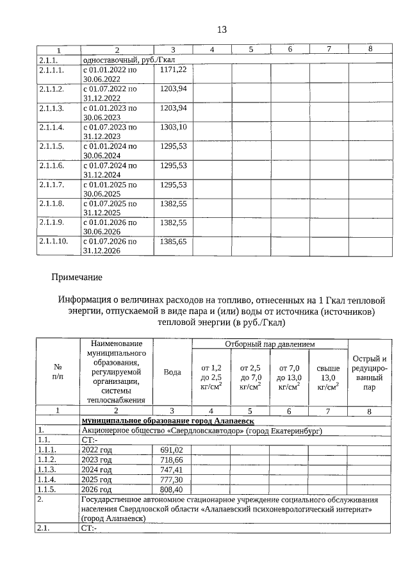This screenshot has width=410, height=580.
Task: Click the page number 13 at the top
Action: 222,30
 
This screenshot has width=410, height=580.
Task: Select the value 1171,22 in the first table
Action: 173,69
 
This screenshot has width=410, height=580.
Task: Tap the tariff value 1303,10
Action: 173,127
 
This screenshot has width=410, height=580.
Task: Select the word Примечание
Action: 77,278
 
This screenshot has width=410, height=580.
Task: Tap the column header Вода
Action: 172,372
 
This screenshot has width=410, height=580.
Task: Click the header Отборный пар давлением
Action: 269,344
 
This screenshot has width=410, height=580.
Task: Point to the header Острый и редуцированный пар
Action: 370,372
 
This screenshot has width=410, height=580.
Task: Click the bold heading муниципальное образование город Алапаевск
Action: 168,420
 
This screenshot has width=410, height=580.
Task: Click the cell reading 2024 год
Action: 97,470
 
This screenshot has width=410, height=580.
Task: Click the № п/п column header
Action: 58,372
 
